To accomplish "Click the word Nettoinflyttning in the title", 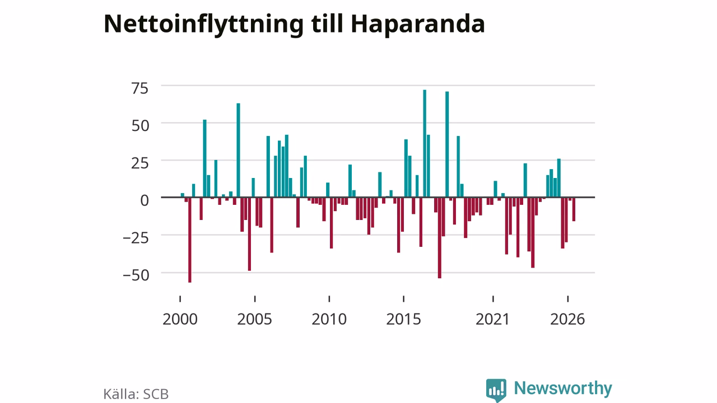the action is tap(203, 24).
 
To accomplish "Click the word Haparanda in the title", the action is tap(418, 24).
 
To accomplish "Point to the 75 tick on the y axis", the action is tap(140, 88).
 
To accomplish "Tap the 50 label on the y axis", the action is tap(140, 126).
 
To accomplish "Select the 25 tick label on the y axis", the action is tap(140, 163).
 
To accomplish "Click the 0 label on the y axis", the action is tap(145, 200).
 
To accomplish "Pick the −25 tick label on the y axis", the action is tap(136, 238).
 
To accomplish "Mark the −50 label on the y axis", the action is tap(136, 275).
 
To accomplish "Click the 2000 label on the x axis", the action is tap(180, 319).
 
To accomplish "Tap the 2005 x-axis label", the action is tap(254, 319).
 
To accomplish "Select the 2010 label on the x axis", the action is tap(329, 319).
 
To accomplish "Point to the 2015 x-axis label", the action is tap(404, 319).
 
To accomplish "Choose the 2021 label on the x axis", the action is tap(492, 319).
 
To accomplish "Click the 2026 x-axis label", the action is tap(567, 319).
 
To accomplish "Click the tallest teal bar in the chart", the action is tap(425, 143).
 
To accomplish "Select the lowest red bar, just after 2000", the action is tap(190, 240).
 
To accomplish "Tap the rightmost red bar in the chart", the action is tap(574, 209).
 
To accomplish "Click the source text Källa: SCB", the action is tap(136, 394).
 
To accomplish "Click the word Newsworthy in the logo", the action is tap(563, 388).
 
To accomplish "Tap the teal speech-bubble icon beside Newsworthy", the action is tap(496, 390).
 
